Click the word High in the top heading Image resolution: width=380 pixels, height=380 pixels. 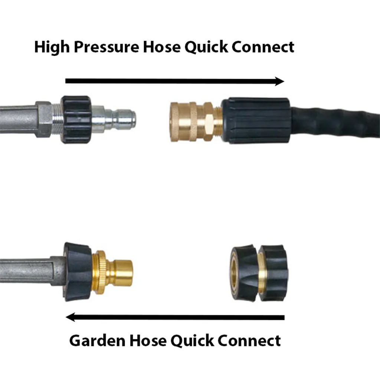[52, 47]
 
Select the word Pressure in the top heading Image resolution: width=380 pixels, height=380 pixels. [107, 47]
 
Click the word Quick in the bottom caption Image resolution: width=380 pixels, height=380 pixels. [192, 341]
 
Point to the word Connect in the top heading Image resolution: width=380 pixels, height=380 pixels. [263, 47]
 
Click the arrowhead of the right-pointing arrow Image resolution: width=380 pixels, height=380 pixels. [279, 81]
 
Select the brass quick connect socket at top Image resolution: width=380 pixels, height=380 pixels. [196, 122]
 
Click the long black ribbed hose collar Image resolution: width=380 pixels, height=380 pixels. [256, 121]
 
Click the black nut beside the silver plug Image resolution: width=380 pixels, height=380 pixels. [76, 119]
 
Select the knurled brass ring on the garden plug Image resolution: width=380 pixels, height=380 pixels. [99, 272]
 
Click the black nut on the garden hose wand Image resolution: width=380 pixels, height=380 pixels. [77, 272]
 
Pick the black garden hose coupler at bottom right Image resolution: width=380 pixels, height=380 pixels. [259, 273]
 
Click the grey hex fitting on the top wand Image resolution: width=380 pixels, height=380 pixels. [44, 120]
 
